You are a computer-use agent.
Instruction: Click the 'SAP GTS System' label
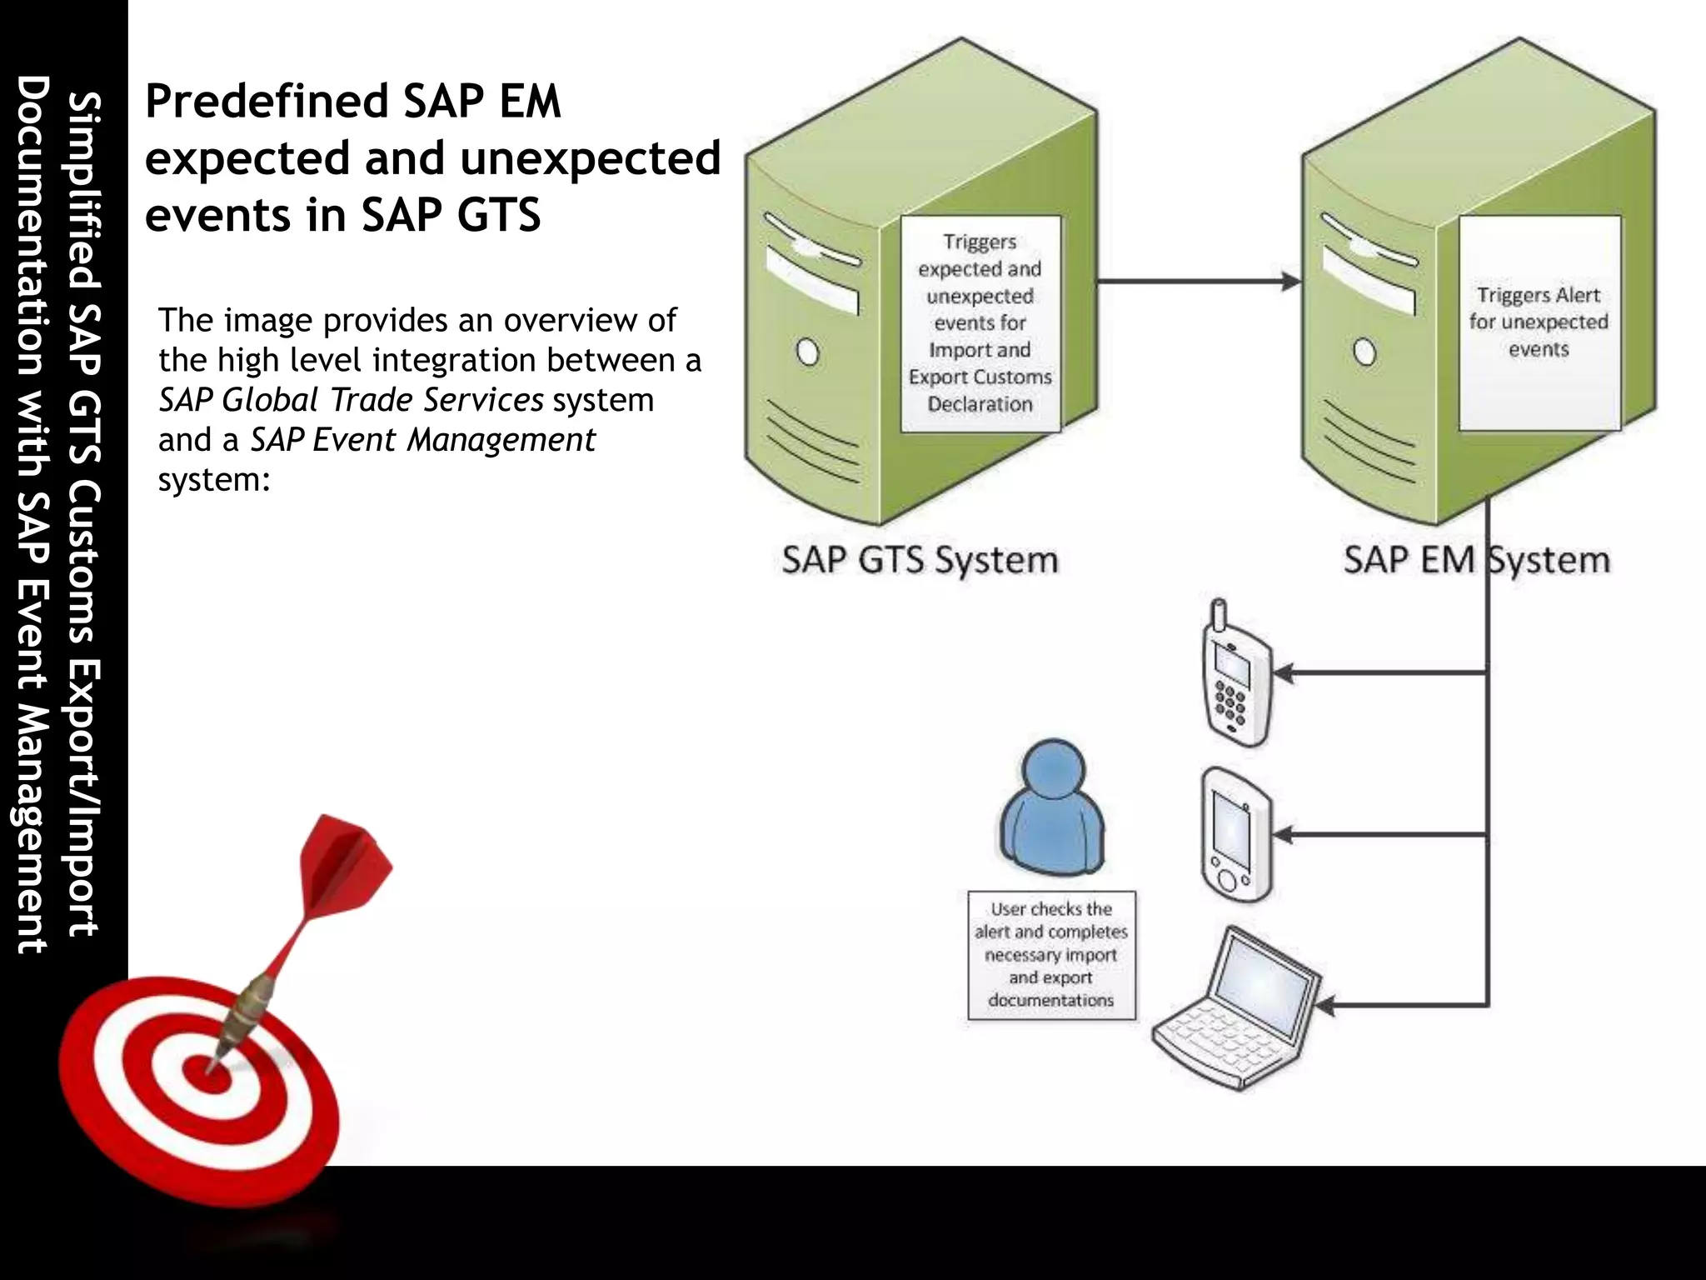coord(920,560)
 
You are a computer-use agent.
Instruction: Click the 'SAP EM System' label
coord(1476,560)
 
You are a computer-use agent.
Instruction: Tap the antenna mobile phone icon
coord(1236,677)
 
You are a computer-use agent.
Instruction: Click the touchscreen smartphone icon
coord(1236,836)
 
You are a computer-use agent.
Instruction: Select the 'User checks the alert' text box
coord(1051,955)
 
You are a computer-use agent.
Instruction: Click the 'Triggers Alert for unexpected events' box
coord(1539,322)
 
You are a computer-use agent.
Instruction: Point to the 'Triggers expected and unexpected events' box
coord(980,323)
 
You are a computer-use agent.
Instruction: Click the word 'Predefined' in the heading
coord(267,102)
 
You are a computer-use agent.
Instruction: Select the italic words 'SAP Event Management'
coord(423,440)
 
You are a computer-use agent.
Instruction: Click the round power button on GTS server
coord(807,352)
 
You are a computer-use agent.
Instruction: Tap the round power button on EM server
coord(1364,352)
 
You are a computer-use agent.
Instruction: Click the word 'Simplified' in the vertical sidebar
coord(84,191)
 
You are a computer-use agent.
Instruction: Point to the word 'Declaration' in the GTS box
coord(980,404)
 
